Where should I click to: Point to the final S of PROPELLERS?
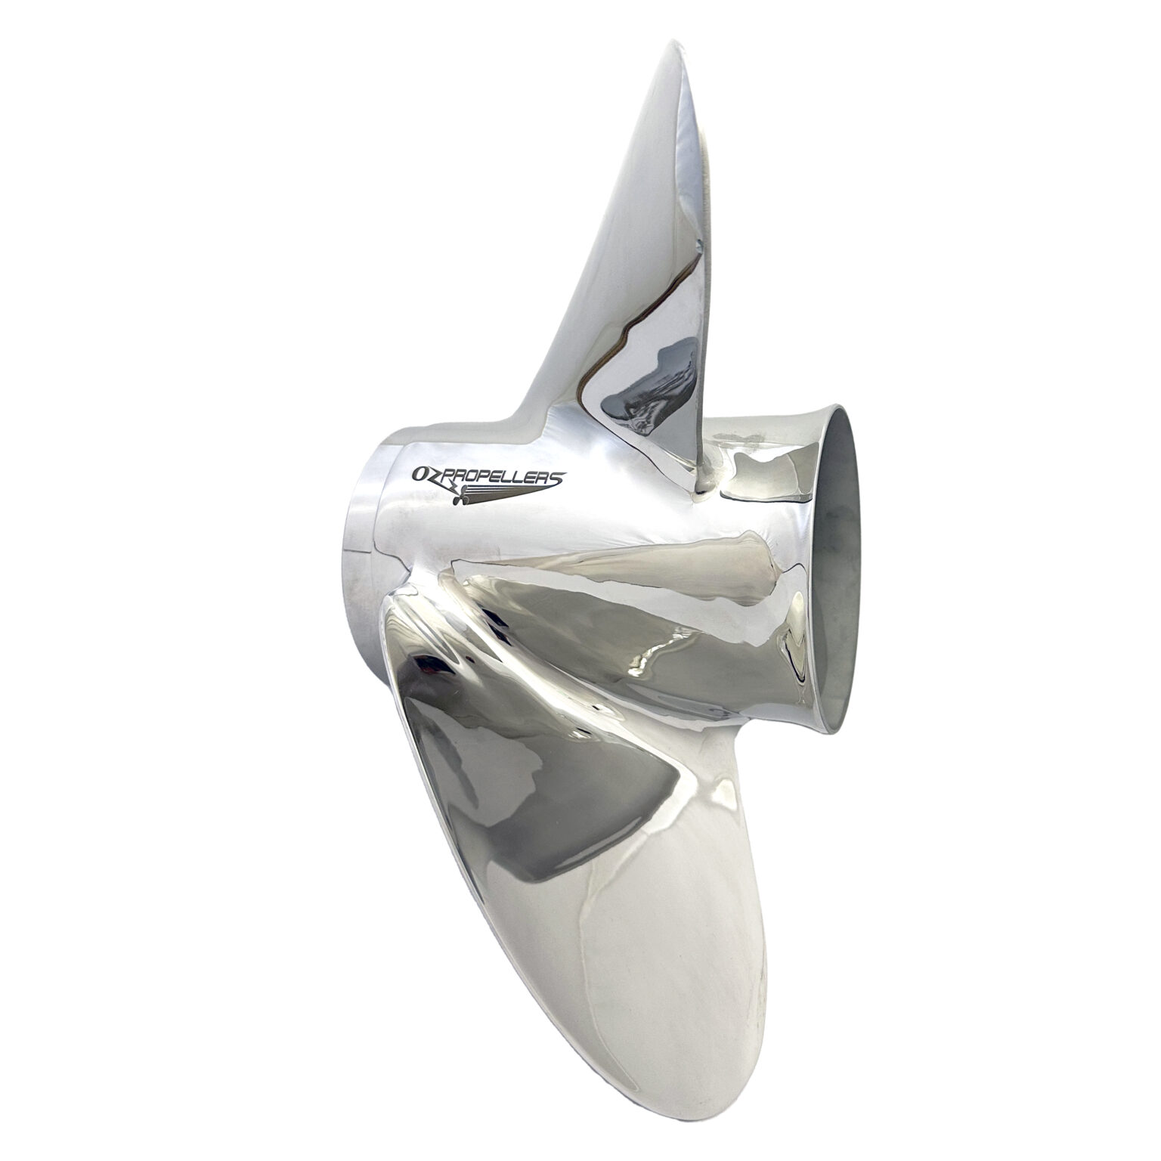click(x=557, y=477)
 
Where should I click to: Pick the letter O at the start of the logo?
click(x=418, y=473)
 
